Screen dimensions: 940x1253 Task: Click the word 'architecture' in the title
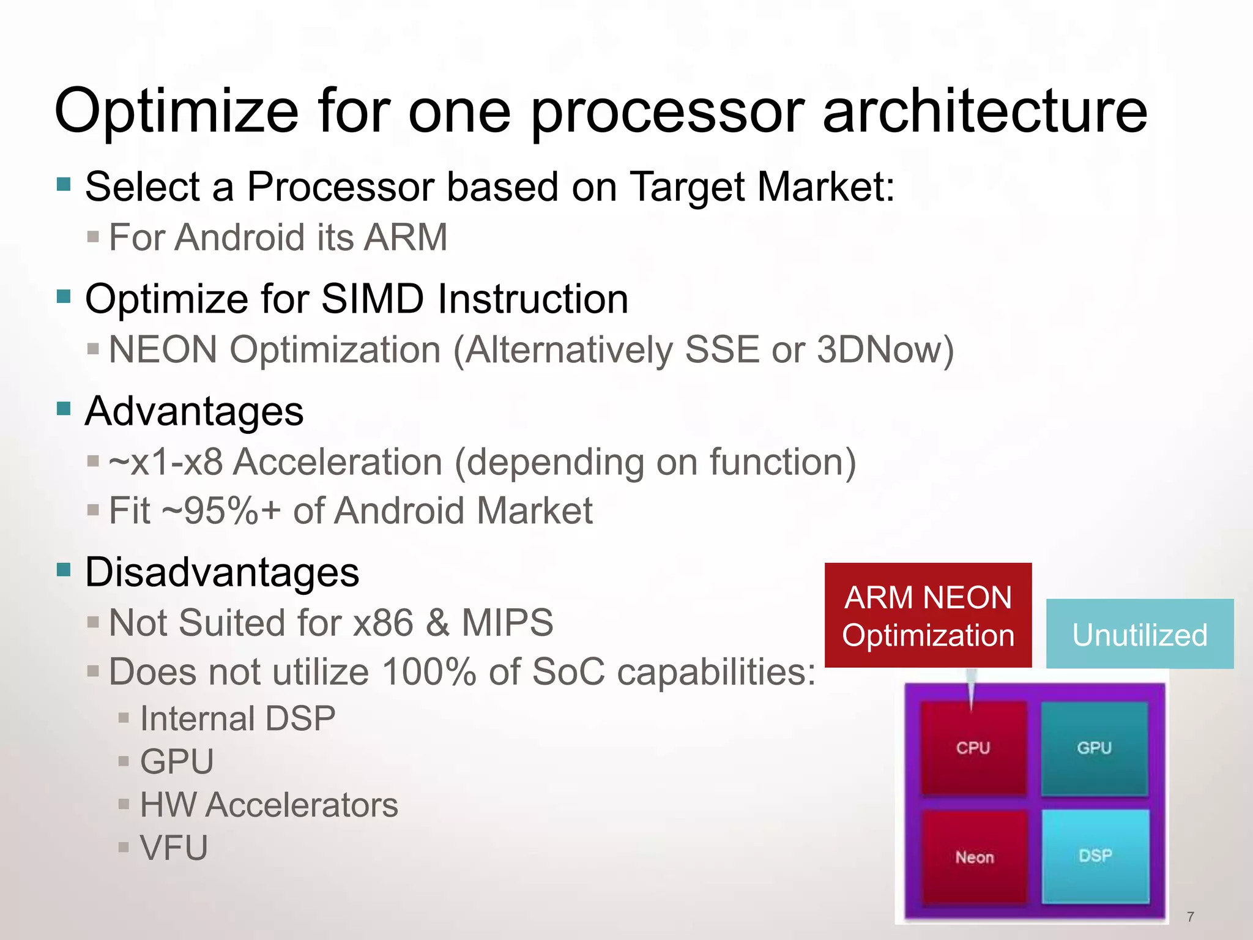984,111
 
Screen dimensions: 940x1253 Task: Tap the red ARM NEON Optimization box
928,616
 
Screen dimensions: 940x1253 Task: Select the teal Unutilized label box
1139,634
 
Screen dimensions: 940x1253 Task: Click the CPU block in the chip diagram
973,748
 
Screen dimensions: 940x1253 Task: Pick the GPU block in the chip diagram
1094,748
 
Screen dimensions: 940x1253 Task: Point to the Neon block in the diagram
974,857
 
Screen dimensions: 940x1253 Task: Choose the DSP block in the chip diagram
1095,856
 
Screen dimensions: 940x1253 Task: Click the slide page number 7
1190,916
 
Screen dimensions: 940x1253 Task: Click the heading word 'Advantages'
194,411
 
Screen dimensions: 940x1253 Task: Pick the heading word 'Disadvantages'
221,573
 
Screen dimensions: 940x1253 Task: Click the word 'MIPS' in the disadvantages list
507,623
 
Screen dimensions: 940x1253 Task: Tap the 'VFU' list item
174,848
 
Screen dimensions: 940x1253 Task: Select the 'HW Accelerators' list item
269,805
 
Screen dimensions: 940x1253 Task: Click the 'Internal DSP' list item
237,718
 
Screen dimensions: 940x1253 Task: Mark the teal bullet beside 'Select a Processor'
64,184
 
